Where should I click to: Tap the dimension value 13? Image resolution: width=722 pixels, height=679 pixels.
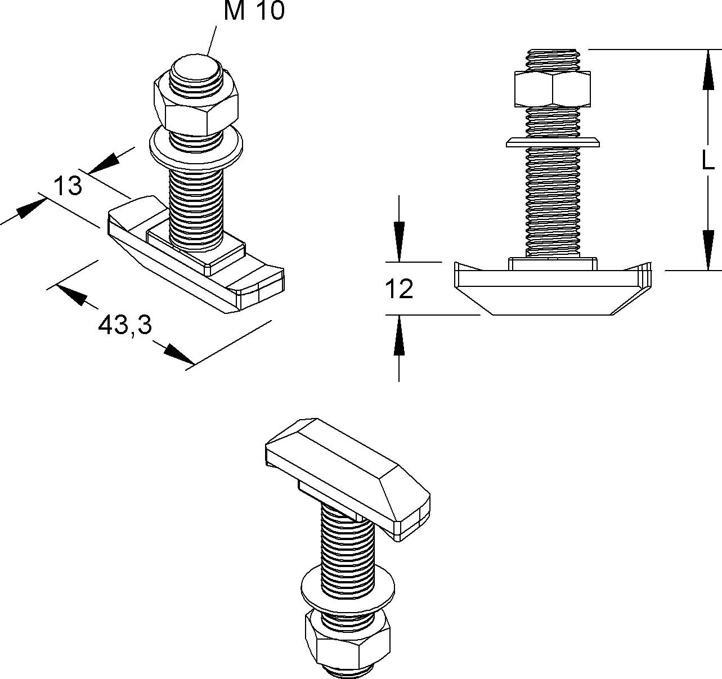point(68,186)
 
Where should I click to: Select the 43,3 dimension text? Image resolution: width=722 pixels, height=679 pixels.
point(125,325)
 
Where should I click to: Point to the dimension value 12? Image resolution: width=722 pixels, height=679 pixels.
point(399,289)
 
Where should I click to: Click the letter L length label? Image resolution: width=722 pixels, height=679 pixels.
point(707,160)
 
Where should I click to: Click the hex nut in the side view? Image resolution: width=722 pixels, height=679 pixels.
point(552,89)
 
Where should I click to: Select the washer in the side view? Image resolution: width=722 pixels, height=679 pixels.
point(553,142)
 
